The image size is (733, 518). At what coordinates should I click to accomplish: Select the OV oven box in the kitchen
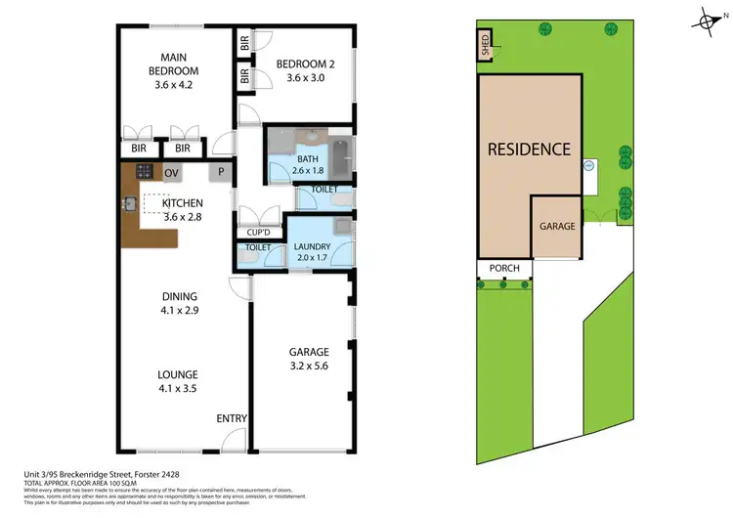pos(172,173)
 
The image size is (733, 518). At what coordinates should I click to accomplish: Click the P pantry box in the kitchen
pos(221,173)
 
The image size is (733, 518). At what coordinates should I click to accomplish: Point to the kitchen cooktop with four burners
pos(146,172)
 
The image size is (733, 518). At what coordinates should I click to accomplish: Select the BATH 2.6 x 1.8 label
pos(307,165)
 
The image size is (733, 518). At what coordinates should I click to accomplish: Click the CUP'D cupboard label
pos(259,233)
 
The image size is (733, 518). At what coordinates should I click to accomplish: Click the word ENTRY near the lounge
pos(232,418)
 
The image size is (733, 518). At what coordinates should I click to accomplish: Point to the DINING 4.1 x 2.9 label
pos(181,304)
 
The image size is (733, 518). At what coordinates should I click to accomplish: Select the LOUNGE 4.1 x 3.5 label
pos(181,381)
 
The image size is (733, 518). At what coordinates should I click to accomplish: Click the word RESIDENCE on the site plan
pos(529,150)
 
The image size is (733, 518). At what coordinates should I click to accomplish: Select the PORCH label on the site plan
pos(504,268)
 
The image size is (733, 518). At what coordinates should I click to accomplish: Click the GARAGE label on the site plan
pos(557,226)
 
